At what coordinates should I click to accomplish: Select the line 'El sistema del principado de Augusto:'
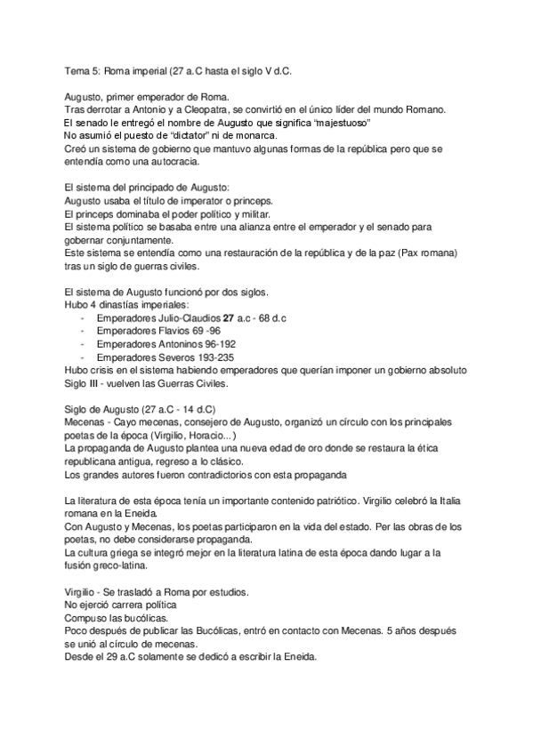147,188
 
